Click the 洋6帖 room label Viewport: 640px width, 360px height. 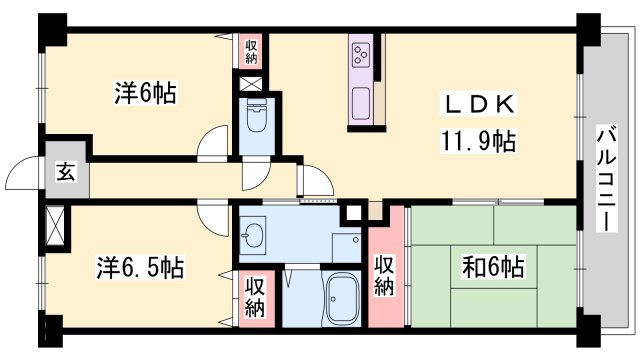145,94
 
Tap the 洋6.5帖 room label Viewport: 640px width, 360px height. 140,269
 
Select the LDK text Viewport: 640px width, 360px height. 479,103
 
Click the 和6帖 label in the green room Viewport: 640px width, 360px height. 492,268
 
